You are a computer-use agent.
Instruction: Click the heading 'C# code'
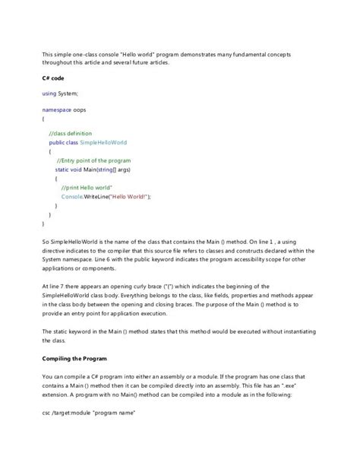coord(53,78)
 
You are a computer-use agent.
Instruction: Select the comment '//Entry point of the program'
coord(93,160)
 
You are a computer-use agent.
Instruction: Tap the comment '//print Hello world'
coord(87,187)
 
